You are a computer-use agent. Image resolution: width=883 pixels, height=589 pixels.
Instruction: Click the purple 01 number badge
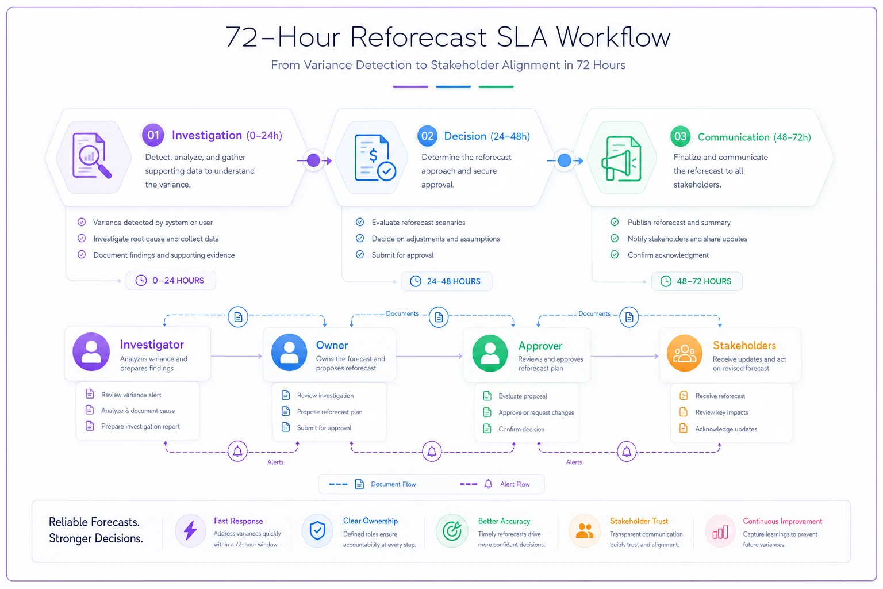(153, 135)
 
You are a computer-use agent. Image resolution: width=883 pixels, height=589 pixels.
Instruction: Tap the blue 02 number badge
(427, 136)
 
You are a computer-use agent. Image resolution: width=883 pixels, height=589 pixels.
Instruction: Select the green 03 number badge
(681, 136)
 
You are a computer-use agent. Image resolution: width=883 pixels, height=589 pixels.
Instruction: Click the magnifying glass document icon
(92, 156)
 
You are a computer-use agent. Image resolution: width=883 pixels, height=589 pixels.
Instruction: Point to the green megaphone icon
(621, 159)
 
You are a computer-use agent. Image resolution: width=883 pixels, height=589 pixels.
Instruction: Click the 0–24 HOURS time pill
(171, 281)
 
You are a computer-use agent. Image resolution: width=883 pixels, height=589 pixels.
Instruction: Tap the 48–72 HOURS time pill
(697, 281)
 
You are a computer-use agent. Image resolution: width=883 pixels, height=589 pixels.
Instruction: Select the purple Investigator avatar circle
(91, 351)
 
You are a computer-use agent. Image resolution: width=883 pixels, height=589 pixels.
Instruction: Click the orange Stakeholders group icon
(684, 353)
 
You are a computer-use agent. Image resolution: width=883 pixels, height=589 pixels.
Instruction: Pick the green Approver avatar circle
(490, 353)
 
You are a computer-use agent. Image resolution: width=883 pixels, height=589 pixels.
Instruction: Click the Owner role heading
(332, 345)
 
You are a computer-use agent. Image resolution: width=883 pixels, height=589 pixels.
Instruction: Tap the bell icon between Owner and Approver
(432, 451)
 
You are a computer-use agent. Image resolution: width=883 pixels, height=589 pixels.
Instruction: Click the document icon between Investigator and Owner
(238, 316)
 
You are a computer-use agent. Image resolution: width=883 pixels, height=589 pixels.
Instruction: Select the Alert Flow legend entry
(495, 484)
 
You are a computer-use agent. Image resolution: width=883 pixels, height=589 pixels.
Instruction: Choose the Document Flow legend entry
(373, 484)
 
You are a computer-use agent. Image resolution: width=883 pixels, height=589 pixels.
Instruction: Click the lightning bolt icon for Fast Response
(190, 530)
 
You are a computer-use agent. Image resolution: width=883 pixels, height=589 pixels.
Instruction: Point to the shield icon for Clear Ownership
(317, 530)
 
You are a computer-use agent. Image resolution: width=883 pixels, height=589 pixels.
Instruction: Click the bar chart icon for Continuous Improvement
(720, 532)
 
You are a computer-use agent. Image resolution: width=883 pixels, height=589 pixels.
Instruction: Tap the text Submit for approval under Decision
(402, 255)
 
